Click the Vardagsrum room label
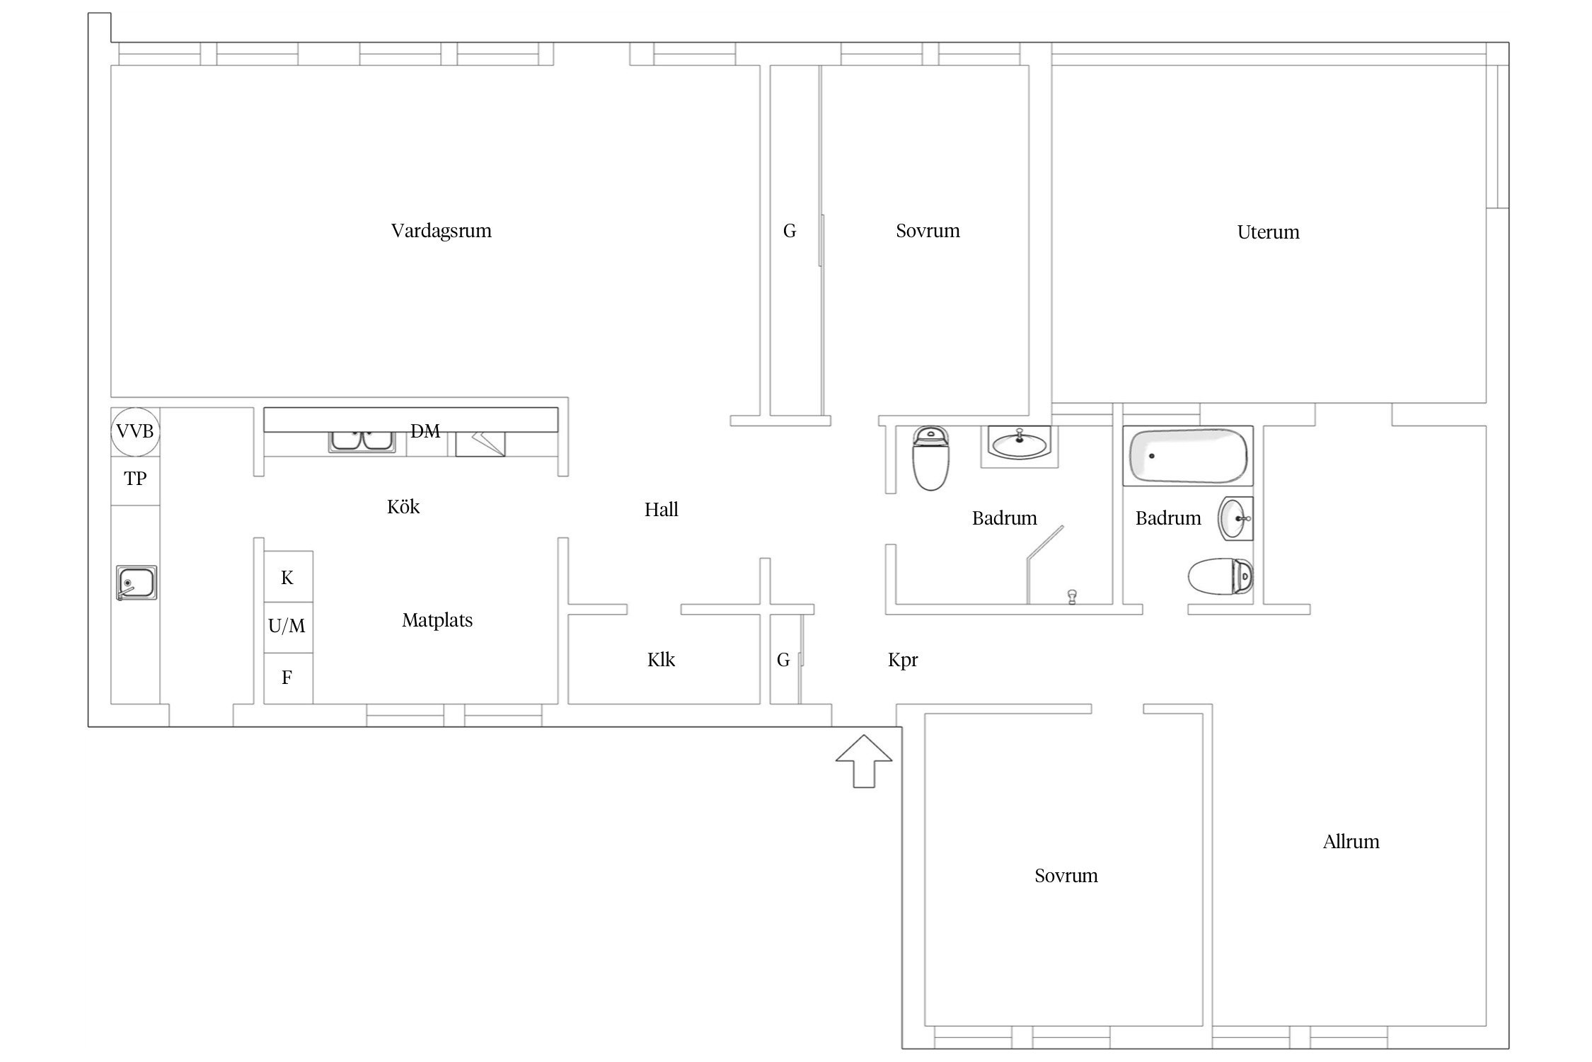441,231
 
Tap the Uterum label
1268,232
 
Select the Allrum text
1351,842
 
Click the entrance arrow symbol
864,760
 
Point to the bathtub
1187,455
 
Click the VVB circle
135,431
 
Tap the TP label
135,479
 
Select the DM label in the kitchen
425,431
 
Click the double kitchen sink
362,440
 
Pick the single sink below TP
137,583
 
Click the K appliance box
288,576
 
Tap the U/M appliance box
288,627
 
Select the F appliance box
288,678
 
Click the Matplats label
437,621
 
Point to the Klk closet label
661,660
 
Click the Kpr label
903,661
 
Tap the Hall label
661,510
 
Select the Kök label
403,507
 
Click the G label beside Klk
783,660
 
